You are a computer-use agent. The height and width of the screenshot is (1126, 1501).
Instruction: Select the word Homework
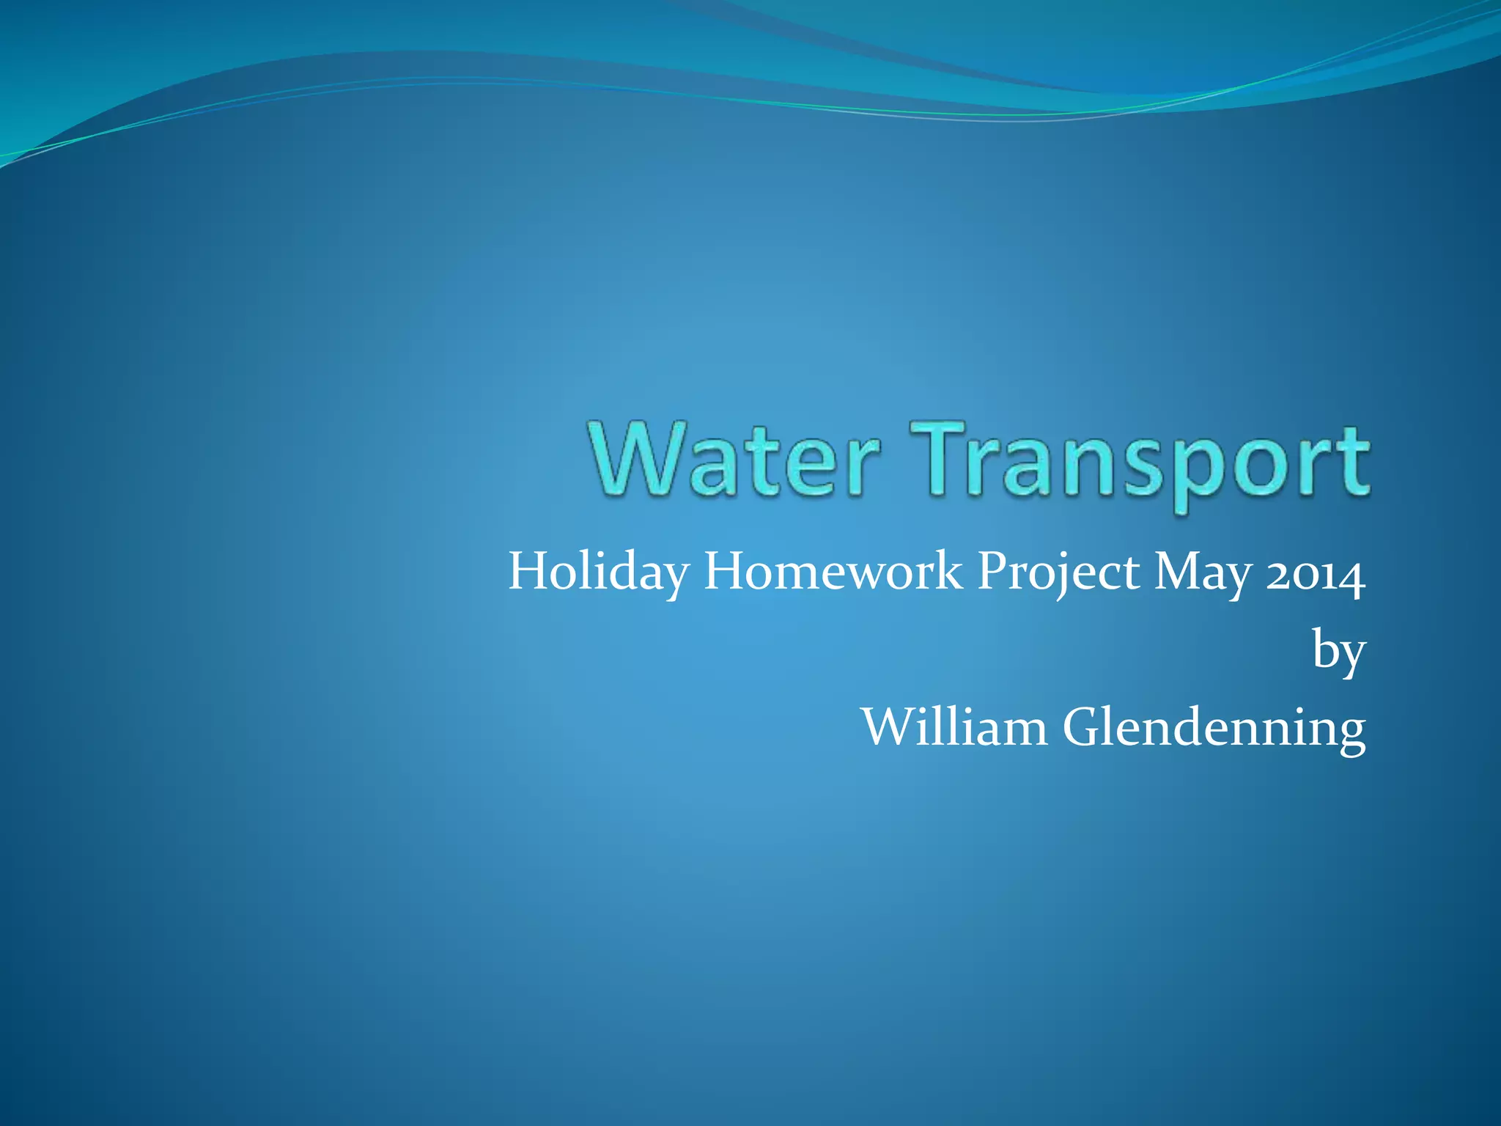(833, 572)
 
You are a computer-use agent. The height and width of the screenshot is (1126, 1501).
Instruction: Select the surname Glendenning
(1214, 729)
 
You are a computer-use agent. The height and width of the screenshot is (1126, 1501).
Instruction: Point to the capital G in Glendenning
(1084, 727)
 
